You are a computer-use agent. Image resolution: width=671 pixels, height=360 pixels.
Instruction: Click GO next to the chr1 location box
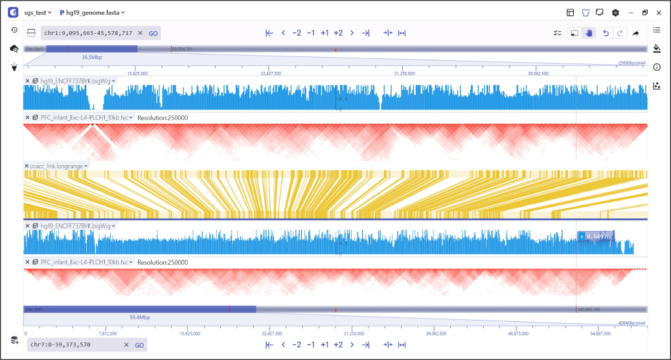point(154,33)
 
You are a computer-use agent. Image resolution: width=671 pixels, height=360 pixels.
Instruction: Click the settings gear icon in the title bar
point(615,12)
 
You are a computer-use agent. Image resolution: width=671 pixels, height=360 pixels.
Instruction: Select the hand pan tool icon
point(589,33)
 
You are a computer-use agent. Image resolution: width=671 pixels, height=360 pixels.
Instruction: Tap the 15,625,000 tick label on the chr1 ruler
point(137,73)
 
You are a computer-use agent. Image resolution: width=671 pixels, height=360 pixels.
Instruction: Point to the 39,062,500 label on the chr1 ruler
point(538,73)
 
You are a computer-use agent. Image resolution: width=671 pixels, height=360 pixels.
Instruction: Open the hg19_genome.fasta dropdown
point(93,12)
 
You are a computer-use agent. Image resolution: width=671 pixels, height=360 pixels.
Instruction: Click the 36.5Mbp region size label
point(91,57)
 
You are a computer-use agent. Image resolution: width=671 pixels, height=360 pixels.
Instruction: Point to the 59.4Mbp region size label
point(140,317)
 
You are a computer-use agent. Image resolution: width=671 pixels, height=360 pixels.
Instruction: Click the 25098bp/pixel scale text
point(631,63)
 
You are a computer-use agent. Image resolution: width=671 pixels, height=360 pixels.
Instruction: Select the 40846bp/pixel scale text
point(631,322)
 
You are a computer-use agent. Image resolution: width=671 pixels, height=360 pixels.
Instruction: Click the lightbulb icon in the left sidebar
point(14,67)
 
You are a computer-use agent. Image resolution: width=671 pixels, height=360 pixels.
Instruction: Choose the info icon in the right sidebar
point(657,67)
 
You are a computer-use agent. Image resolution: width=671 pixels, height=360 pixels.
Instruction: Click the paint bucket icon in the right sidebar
point(657,48)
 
